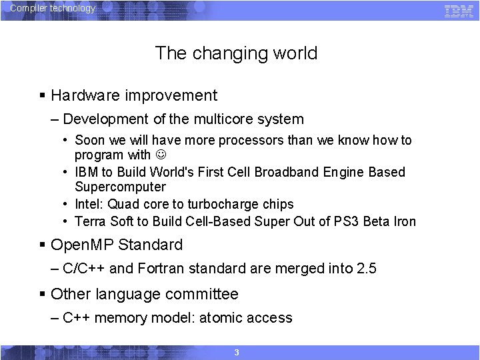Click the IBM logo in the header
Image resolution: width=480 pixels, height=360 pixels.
coord(459,10)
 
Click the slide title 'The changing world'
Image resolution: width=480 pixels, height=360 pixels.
coord(236,53)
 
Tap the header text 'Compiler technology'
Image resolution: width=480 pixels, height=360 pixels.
coord(53,9)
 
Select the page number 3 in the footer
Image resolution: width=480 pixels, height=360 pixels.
coord(237,352)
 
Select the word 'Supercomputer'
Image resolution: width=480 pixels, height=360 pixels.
coord(120,187)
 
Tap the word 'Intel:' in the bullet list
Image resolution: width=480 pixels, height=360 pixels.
coord(89,205)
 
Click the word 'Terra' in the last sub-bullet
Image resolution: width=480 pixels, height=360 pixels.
coord(90,222)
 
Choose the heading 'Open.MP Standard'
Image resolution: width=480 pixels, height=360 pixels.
coord(116,245)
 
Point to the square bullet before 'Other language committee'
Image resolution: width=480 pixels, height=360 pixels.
coord(43,294)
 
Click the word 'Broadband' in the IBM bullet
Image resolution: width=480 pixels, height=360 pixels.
coord(289,172)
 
